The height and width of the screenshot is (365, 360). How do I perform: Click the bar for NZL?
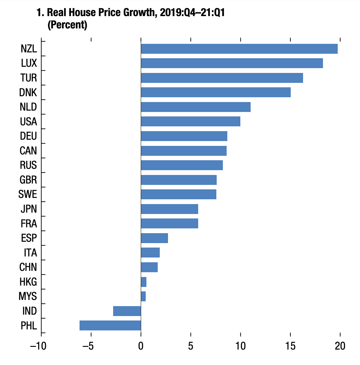coord(239,49)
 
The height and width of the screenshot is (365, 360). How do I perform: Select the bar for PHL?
coord(110,325)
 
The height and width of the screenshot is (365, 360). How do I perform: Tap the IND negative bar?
coord(127,311)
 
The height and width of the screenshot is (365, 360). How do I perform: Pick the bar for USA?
coord(190,122)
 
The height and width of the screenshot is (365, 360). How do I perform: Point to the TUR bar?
coord(222,78)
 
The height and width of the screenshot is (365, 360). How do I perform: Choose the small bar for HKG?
coord(144,282)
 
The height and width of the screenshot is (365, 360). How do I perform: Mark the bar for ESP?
coord(154,238)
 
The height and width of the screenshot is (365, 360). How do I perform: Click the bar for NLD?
coord(195,107)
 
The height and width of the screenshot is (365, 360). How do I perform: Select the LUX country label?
coord(29,63)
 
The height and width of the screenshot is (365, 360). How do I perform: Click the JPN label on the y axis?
coord(28,209)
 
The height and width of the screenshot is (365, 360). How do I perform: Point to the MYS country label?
coord(28,296)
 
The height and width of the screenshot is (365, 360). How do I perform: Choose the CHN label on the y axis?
coord(28,267)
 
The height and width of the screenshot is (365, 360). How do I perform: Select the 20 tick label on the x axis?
coord(340,346)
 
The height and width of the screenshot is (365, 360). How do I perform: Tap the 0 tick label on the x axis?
coord(141,346)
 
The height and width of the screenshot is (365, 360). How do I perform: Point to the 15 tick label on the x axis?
coord(290,346)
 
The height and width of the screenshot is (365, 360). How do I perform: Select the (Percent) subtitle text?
coord(67,25)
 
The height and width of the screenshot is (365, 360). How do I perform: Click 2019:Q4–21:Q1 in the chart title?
coord(192,13)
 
